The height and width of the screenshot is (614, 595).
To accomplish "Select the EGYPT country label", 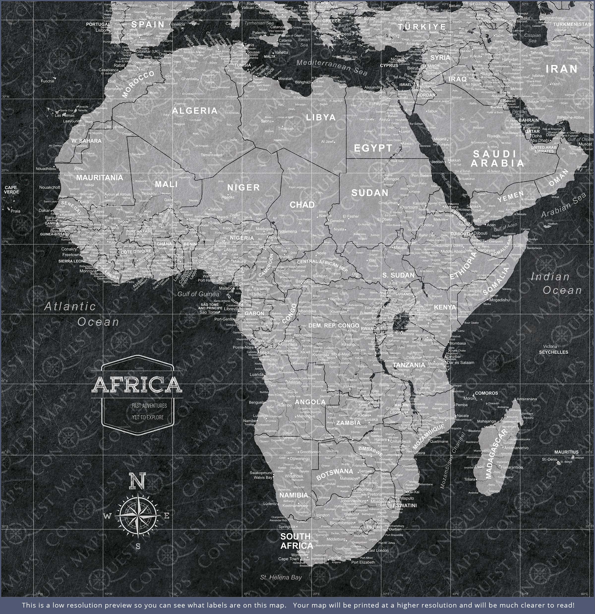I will pyautogui.click(x=373, y=148).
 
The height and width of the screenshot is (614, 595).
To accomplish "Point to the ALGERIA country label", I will pyautogui.click(x=195, y=111).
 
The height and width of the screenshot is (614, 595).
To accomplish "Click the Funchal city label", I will pyautogui.click(x=48, y=81).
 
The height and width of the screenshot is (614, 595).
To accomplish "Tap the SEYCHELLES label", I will pyautogui.click(x=553, y=352).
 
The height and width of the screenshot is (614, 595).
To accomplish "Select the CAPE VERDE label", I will pyautogui.click(x=12, y=190).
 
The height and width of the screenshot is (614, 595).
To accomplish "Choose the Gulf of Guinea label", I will pyautogui.click(x=198, y=294).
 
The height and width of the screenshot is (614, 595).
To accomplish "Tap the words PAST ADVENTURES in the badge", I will pyautogui.click(x=149, y=406).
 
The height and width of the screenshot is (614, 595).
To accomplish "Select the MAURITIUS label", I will pyautogui.click(x=566, y=452).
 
